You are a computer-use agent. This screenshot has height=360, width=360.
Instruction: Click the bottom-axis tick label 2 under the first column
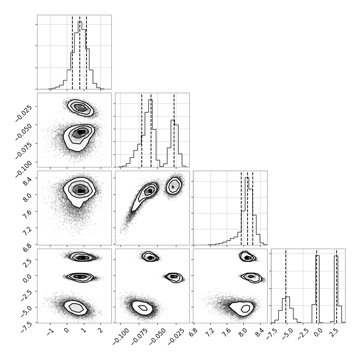pos(100,331)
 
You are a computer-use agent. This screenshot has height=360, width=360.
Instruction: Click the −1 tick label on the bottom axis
pos(49,332)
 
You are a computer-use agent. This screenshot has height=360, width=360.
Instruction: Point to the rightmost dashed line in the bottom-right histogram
pos(336,286)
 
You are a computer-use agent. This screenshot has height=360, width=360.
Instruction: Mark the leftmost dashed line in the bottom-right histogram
pos(286,286)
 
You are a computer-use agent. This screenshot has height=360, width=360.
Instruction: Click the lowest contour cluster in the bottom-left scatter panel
pos(75,308)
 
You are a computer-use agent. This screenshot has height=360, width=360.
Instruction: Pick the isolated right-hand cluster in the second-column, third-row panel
pos(174,186)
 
